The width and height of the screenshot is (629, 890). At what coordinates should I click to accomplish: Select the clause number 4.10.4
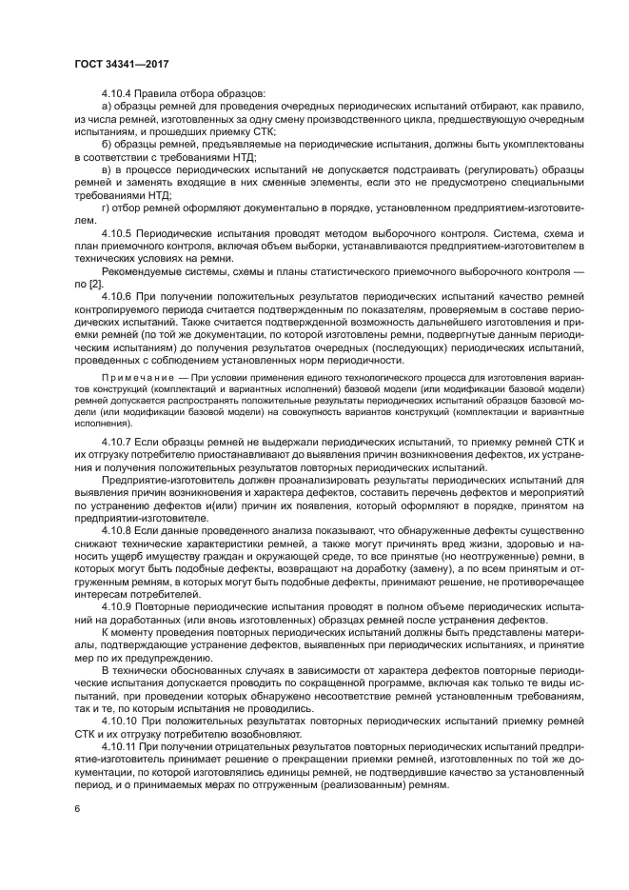(118, 93)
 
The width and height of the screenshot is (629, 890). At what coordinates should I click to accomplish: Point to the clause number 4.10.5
(118, 232)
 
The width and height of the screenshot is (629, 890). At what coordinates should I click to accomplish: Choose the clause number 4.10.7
(118, 444)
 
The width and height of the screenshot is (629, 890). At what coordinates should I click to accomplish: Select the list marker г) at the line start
(105, 207)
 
